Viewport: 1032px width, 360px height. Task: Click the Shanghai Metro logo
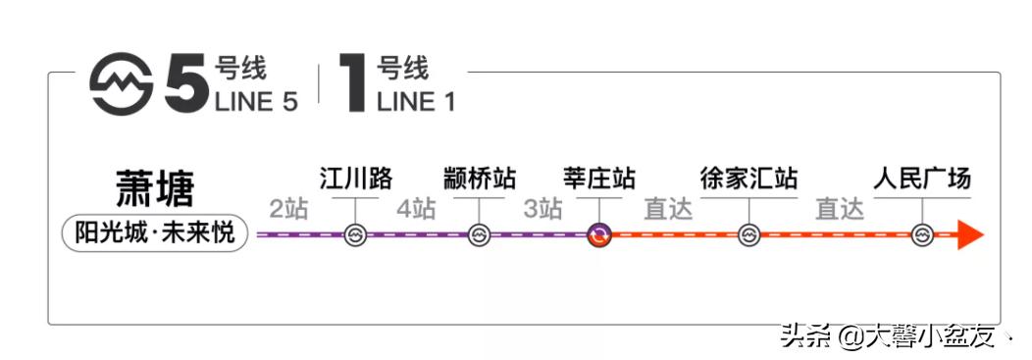[121, 84]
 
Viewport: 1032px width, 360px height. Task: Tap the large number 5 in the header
[186, 85]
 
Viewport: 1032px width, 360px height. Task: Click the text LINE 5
[255, 101]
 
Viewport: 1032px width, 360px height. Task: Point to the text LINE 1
[416, 101]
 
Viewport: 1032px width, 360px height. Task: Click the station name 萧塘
[154, 187]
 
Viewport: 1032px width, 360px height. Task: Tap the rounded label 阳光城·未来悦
[155, 234]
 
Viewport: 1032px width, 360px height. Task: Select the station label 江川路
[355, 179]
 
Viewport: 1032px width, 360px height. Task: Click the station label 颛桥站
[479, 179]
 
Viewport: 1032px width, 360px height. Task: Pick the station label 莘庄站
[599, 179]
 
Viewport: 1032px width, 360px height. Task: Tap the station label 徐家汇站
[748, 179]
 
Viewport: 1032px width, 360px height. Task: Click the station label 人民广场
[922, 179]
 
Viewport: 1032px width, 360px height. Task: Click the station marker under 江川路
[355, 235]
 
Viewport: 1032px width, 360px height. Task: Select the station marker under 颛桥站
[479, 235]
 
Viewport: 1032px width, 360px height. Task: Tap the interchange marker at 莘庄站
[599, 235]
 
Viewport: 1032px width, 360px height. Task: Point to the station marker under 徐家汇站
[748, 235]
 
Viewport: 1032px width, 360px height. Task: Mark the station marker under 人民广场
[922, 235]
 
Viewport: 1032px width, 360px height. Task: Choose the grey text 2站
[290, 209]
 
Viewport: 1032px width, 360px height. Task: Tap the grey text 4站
[416, 209]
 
